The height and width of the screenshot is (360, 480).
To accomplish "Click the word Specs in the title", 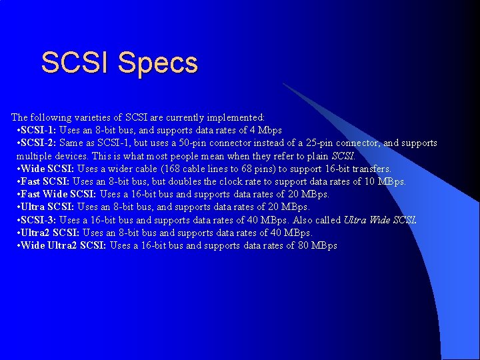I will click(x=158, y=63).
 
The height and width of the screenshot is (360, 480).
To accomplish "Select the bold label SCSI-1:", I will click(x=38, y=130).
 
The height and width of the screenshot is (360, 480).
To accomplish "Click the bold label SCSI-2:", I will click(x=38, y=143).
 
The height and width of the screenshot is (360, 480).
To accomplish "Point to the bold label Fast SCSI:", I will click(x=45, y=181).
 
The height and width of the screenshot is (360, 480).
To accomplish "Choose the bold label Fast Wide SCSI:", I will click(x=58, y=194).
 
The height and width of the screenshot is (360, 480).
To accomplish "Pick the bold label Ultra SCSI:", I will click(x=48, y=207).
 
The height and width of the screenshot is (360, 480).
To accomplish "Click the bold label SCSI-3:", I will click(x=38, y=220).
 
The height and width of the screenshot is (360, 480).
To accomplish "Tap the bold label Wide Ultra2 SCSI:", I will click(x=63, y=246).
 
